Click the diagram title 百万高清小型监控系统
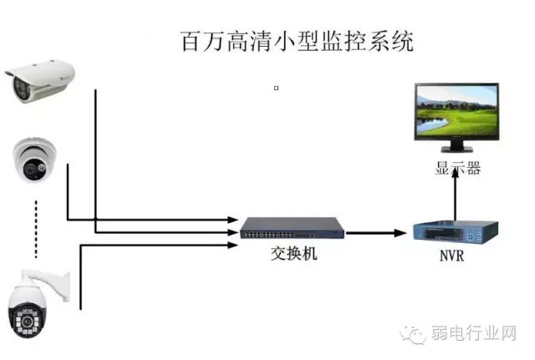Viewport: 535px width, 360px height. coord(297,41)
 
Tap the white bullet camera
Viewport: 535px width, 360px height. coord(40,81)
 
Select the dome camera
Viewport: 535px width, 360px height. coord(34,160)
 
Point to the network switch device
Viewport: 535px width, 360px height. coord(293,228)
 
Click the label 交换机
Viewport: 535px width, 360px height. coord(293,254)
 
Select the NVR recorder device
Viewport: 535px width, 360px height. coord(456,232)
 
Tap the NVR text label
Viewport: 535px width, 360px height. coord(451,256)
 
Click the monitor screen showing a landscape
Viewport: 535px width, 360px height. coord(456,111)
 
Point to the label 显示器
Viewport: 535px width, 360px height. coord(457,168)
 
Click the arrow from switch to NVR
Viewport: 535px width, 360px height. coord(376,233)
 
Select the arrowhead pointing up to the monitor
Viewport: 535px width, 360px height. coord(455,170)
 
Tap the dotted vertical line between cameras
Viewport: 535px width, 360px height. coord(36,230)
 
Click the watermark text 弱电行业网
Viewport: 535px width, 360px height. coord(474,332)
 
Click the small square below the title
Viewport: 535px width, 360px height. coord(277,88)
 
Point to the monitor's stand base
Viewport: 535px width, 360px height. coord(457,149)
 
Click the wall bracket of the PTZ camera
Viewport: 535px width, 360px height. coord(51,283)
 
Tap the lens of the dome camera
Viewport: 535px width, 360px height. coord(30,169)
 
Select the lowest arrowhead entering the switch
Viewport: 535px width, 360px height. coord(232,245)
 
